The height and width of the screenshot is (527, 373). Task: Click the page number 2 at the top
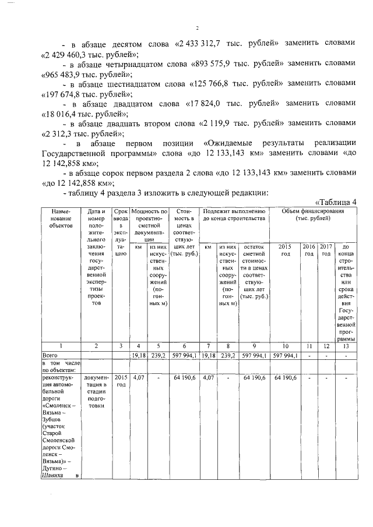point(198,28)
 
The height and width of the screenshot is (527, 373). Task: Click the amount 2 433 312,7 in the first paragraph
point(205,44)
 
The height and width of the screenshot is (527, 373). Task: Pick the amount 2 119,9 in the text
point(221,123)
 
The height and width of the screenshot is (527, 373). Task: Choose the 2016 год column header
point(309,250)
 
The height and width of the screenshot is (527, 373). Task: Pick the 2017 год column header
point(326,250)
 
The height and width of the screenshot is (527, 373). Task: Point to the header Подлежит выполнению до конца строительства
point(235,214)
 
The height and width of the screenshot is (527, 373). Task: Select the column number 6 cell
point(183,346)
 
